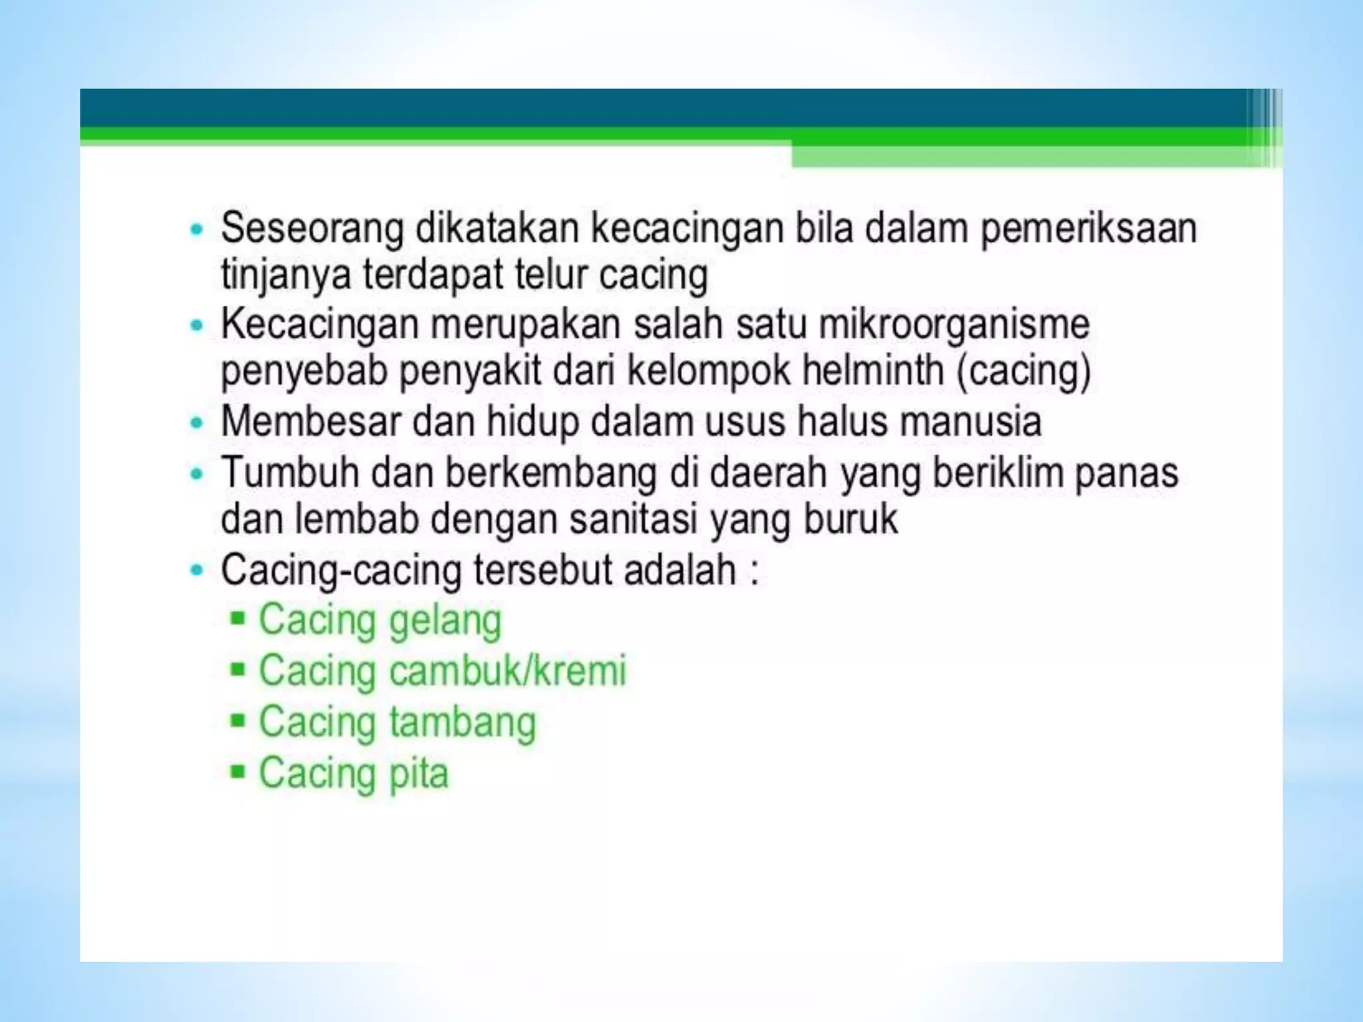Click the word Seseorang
pyautogui.click(x=312, y=229)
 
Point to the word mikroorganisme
pyautogui.click(x=954, y=325)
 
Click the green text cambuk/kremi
pyautogui.click(x=508, y=671)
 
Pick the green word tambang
pyautogui.click(x=463, y=723)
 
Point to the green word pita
pyautogui.click(x=419, y=774)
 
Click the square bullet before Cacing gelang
pyautogui.click(x=238, y=619)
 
